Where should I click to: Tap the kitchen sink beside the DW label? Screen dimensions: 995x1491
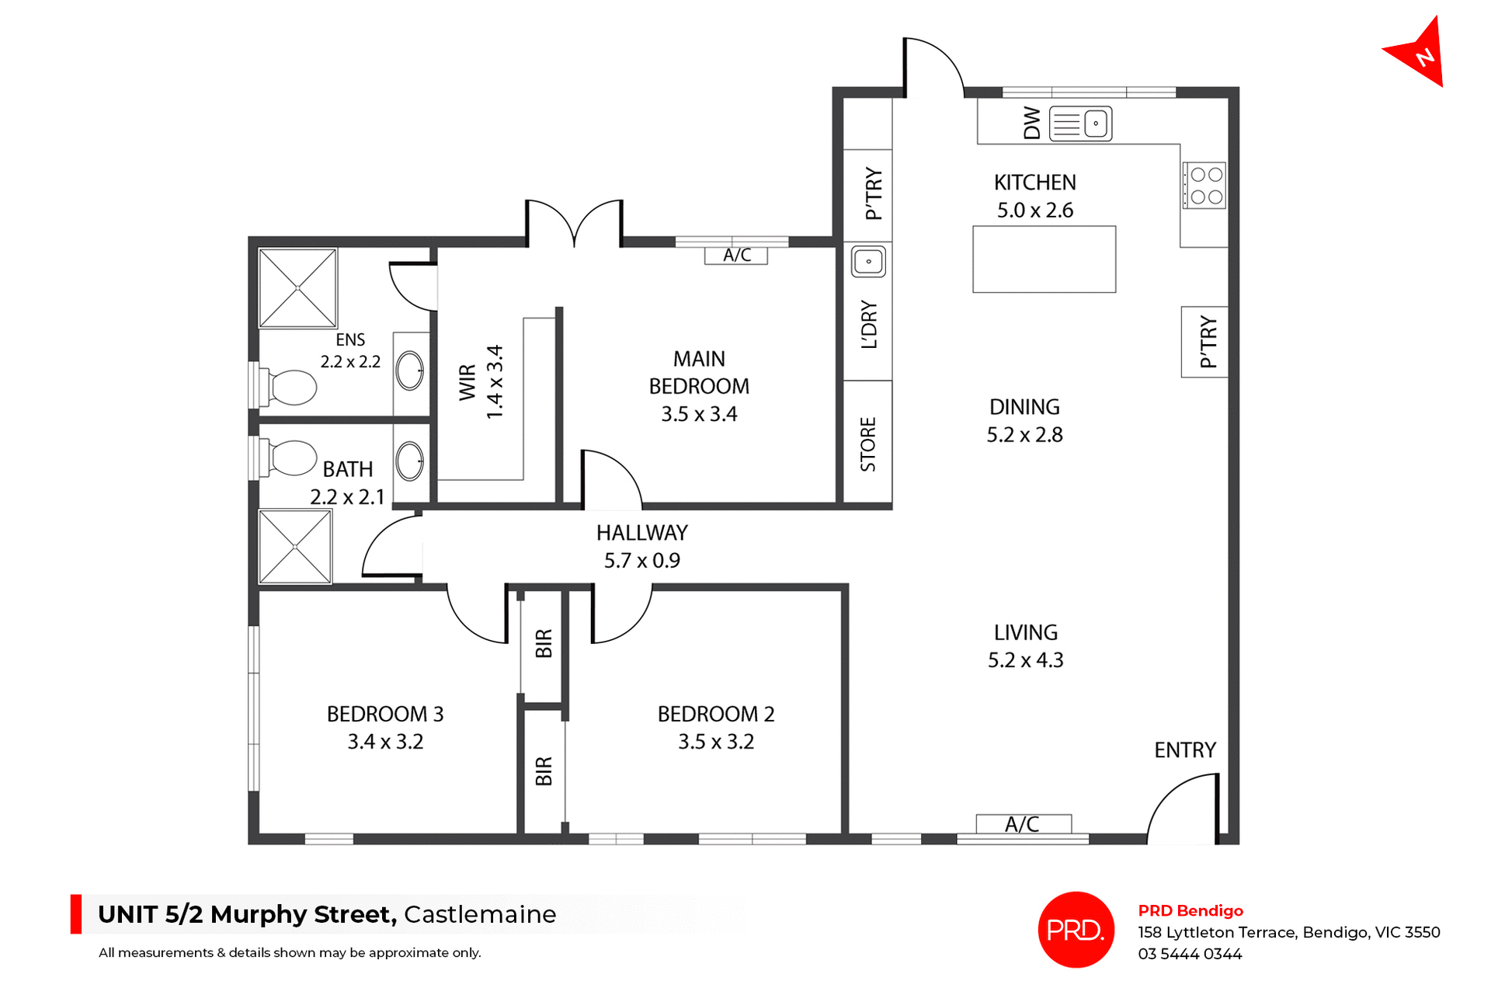[x=1080, y=124]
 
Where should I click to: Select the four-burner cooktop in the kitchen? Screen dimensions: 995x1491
[x=1204, y=186]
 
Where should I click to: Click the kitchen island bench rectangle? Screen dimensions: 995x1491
[x=1044, y=259]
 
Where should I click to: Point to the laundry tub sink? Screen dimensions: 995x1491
[x=868, y=262]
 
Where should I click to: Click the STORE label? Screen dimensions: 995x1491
[x=868, y=444]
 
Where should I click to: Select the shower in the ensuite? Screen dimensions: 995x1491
[x=297, y=288]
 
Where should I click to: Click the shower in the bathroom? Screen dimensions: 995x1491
[x=295, y=547]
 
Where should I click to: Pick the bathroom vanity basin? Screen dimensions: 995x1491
[x=409, y=461]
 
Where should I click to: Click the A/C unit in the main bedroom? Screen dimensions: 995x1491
[x=736, y=256]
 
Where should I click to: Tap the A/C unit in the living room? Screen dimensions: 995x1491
[x=1023, y=824]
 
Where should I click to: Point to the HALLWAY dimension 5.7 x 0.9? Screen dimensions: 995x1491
[x=641, y=561]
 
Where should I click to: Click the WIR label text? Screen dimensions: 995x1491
[x=467, y=381]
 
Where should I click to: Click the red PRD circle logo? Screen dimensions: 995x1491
[x=1076, y=930]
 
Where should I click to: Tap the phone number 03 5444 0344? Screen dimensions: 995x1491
[x=1190, y=954]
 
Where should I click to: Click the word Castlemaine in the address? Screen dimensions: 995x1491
[x=480, y=914]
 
